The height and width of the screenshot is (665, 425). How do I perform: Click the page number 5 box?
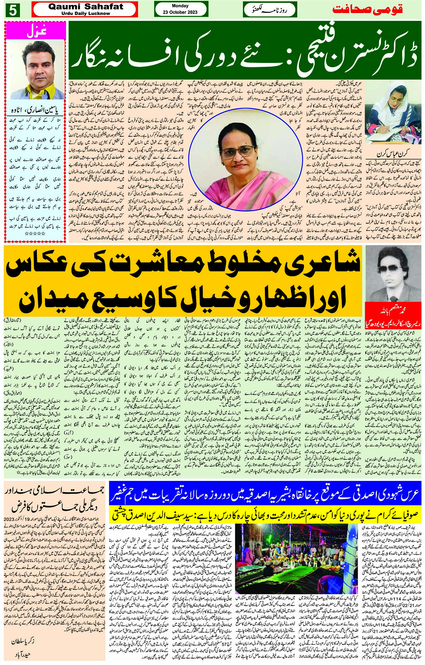(13, 10)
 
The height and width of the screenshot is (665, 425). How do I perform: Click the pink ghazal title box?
(36, 31)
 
